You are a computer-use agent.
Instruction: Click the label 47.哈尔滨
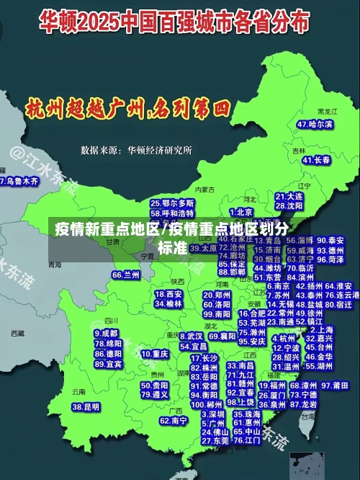[315, 124]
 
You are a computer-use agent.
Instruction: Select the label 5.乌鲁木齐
[19, 181]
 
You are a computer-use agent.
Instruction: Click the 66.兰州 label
[126, 275]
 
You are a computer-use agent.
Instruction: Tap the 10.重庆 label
[155, 355]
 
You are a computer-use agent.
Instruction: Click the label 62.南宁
[173, 420]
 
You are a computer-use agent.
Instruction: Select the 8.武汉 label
[190, 336]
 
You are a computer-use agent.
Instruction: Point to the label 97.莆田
[341, 386]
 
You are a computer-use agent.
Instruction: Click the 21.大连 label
[289, 196]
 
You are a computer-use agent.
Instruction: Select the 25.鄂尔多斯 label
[172, 204]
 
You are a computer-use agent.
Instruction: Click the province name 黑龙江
[326, 112]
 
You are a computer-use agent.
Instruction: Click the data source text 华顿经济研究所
[160, 151]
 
